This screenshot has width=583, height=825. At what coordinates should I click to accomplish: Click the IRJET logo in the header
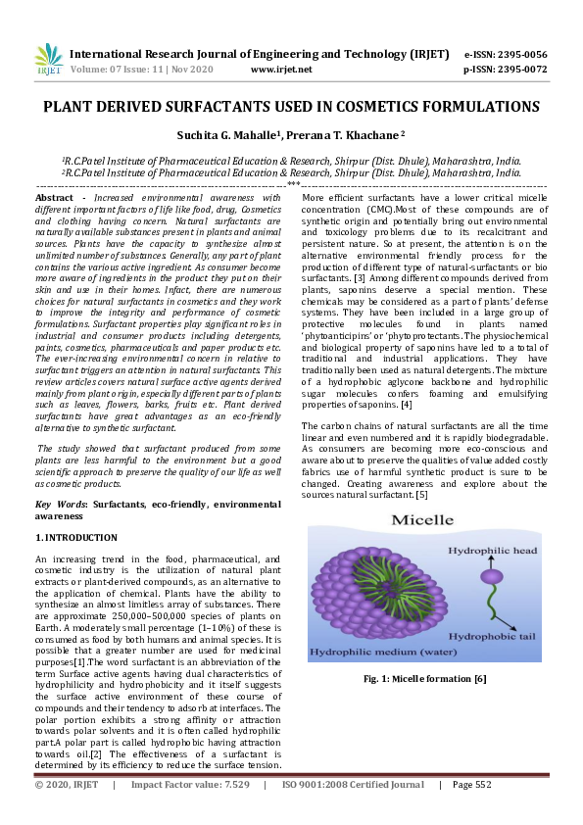point(48,61)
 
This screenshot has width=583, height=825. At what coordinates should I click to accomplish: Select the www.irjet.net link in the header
point(281,70)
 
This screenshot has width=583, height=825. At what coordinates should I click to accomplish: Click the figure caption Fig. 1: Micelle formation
point(425,678)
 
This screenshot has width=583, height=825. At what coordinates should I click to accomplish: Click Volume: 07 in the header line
point(99,70)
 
